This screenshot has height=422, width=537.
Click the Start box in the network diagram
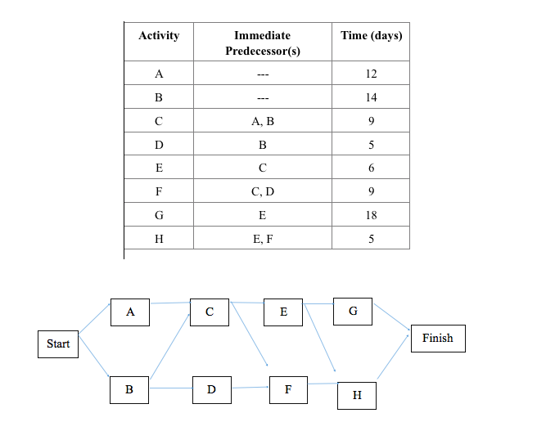[x=58, y=343]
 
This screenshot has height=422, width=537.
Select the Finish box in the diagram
[x=437, y=338]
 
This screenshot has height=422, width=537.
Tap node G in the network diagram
[x=353, y=312]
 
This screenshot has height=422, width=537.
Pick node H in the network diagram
[x=356, y=395]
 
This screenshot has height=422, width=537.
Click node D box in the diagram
[x=211, y=390]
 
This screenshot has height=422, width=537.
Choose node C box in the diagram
[x=210, y=312]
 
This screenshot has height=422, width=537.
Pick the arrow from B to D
[x=170, y=388]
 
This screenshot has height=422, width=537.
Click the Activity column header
[x=159, y=36]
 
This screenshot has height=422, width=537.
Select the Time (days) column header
[x=371, y=36]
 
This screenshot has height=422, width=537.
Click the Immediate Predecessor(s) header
[x=262, y=43]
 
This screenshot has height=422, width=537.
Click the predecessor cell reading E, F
[x=262, y=239]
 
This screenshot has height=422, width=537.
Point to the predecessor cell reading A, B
[x=262, y=121]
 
